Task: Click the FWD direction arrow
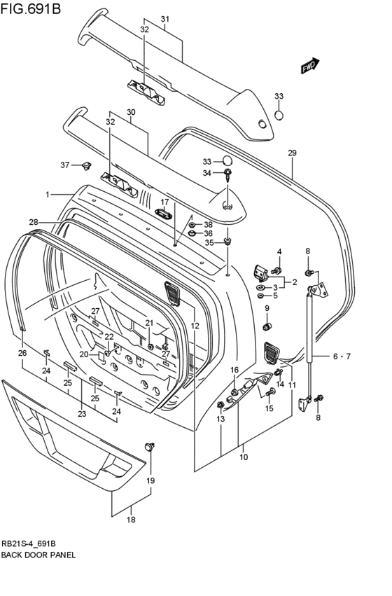coord(310,65)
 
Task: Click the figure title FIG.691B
coord(31,8)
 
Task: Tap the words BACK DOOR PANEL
coord(38,555)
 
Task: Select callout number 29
coord(292,153)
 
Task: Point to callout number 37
coord(65,165)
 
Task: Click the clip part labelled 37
coord(87,165)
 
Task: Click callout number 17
coord(164,202)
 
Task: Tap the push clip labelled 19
coord(150,447)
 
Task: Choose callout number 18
coord(131,520)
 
